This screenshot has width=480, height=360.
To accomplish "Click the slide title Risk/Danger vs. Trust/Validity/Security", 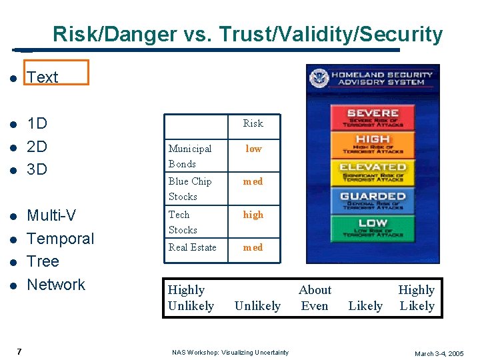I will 247,34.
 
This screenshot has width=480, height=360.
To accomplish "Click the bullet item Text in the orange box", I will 43,77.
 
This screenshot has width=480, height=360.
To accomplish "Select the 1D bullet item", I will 37,123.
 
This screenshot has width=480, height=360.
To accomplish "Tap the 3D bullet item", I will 37,169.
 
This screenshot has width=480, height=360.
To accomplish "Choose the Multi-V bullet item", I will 51,215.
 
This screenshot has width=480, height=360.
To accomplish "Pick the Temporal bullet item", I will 60,239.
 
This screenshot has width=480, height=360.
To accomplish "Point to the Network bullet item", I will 56,285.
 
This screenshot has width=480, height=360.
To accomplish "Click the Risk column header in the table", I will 253,123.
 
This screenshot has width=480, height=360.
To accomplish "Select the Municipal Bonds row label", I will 190,156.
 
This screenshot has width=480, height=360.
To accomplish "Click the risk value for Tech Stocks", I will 253,215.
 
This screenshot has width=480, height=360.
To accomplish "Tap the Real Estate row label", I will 193,247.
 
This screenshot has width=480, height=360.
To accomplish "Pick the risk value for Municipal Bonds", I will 253,149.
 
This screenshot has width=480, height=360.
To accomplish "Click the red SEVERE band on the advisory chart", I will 373,117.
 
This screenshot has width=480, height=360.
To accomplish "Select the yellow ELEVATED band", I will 373,171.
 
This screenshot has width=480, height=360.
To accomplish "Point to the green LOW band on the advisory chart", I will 373,227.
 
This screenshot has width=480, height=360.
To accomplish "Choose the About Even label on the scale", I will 315,298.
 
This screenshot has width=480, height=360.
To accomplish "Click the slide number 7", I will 19,351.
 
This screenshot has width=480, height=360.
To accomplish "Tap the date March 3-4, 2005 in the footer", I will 439,353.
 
